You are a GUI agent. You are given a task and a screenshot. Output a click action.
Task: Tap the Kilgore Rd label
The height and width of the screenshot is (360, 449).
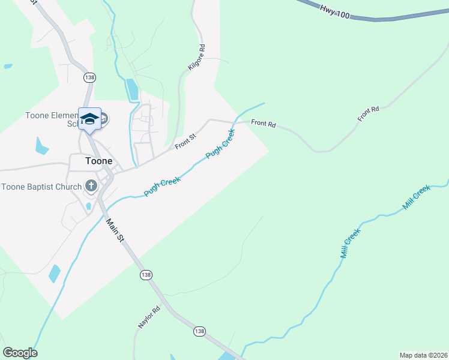pyautogui.click(x=196, y=58)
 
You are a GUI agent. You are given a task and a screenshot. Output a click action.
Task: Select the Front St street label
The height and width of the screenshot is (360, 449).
pyautogui.click(x=185, y=142)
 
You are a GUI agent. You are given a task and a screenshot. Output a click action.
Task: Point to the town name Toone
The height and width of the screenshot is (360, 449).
pyautogui.click(x=99, y=161)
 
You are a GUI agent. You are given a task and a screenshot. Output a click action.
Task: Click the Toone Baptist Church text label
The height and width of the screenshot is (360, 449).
pyautogui.click(x=41, y=187)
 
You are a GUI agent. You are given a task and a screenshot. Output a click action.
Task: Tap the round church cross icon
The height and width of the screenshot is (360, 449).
pyautogui.click(x=91, y=185)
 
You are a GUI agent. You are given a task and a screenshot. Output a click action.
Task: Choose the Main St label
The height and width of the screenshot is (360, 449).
pyautogui.click(x=115, y=230)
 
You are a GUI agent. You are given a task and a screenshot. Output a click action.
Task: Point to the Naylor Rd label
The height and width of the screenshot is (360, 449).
pyautogui.click(x=149, y=317)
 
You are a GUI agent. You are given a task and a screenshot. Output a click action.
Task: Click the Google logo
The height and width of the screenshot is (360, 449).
pyautogui.click(x=20, y=353)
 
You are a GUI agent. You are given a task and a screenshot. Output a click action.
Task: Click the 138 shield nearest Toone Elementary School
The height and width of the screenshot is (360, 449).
pyautogui.click(x=90, y=77)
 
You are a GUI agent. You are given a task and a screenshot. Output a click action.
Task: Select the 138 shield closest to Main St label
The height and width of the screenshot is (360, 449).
pyautogui.click(x=145, y=274)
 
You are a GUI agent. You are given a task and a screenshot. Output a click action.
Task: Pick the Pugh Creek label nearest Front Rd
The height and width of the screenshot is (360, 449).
pyautogui.click(x=220, y=145)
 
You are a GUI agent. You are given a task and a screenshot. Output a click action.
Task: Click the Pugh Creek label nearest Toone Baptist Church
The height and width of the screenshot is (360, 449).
pyautogui.click(x=162, y=186)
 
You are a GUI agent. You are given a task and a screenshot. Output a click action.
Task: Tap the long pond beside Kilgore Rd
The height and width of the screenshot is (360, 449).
pyautogui.click(x=132, y=89)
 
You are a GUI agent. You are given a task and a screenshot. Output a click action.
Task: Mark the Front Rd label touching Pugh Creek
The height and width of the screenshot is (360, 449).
pyautogui.click(x=263, y=124)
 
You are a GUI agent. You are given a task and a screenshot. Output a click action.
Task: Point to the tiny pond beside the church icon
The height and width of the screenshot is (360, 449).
pyautogui.click(x=89, y=206)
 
